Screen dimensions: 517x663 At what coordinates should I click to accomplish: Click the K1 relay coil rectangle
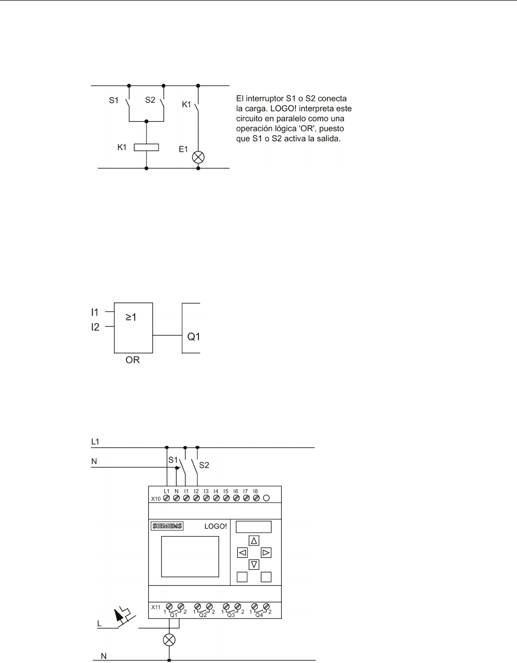[x=146, y=147]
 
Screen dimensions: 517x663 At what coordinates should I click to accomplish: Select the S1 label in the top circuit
[x=113, y=100]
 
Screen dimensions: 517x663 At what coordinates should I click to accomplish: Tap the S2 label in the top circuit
[x=150, y=100]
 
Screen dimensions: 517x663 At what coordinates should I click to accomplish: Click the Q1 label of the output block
[x=194, y=336]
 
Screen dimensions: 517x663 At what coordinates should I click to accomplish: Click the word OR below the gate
[x=133, y=360]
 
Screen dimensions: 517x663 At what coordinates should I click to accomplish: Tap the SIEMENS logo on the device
[x=167, y=526]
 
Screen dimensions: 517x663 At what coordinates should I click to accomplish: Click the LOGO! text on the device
[x=216, y=526]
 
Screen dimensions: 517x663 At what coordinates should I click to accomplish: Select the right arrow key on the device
[x=266, y=553]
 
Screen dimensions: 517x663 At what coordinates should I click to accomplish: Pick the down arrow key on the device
[x=254, y=565]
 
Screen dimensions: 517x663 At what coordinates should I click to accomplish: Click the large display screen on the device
[x=185, y=556]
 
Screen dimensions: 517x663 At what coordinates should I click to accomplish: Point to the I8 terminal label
[x=255, y=490]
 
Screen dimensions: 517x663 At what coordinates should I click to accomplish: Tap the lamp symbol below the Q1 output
[x=169, y=640]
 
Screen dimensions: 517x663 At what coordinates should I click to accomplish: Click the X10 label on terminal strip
[x=155, y=499]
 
